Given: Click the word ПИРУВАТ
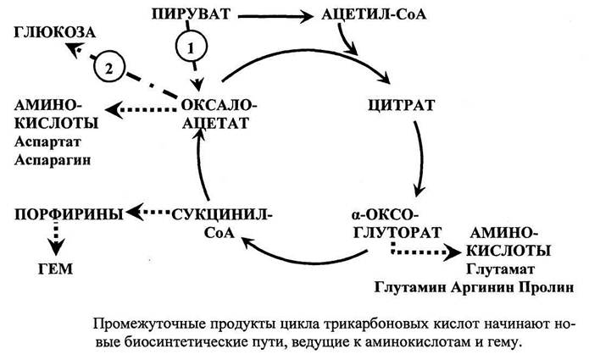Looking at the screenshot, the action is (x=191, y=14).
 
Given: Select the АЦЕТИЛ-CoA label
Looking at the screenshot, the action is (x=374, y=14).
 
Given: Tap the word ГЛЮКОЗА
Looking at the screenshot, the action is (x=55, y=33).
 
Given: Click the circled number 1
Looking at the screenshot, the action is (x=192, y=47).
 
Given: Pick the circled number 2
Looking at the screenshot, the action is (x=109, y=69).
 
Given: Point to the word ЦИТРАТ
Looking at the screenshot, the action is (x=401, y=105).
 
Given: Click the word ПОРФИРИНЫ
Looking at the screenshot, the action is (x=69, y=214).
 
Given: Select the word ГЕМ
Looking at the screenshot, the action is (x=56, y=269).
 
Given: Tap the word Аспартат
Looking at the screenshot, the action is (x=47, y=142).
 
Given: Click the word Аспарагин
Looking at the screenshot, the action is (x=53, y=160).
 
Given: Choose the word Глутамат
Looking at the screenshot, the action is (x=500, y=269).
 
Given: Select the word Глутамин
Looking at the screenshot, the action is (x=410, y=288).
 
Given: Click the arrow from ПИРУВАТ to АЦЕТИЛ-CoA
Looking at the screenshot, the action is (x=275, y=16).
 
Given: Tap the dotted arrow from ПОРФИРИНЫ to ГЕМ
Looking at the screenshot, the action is (x=56, y=237).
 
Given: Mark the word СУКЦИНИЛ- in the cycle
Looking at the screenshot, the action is (x=222, y=215).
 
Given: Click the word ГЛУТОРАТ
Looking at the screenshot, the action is (x=397, y=233).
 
